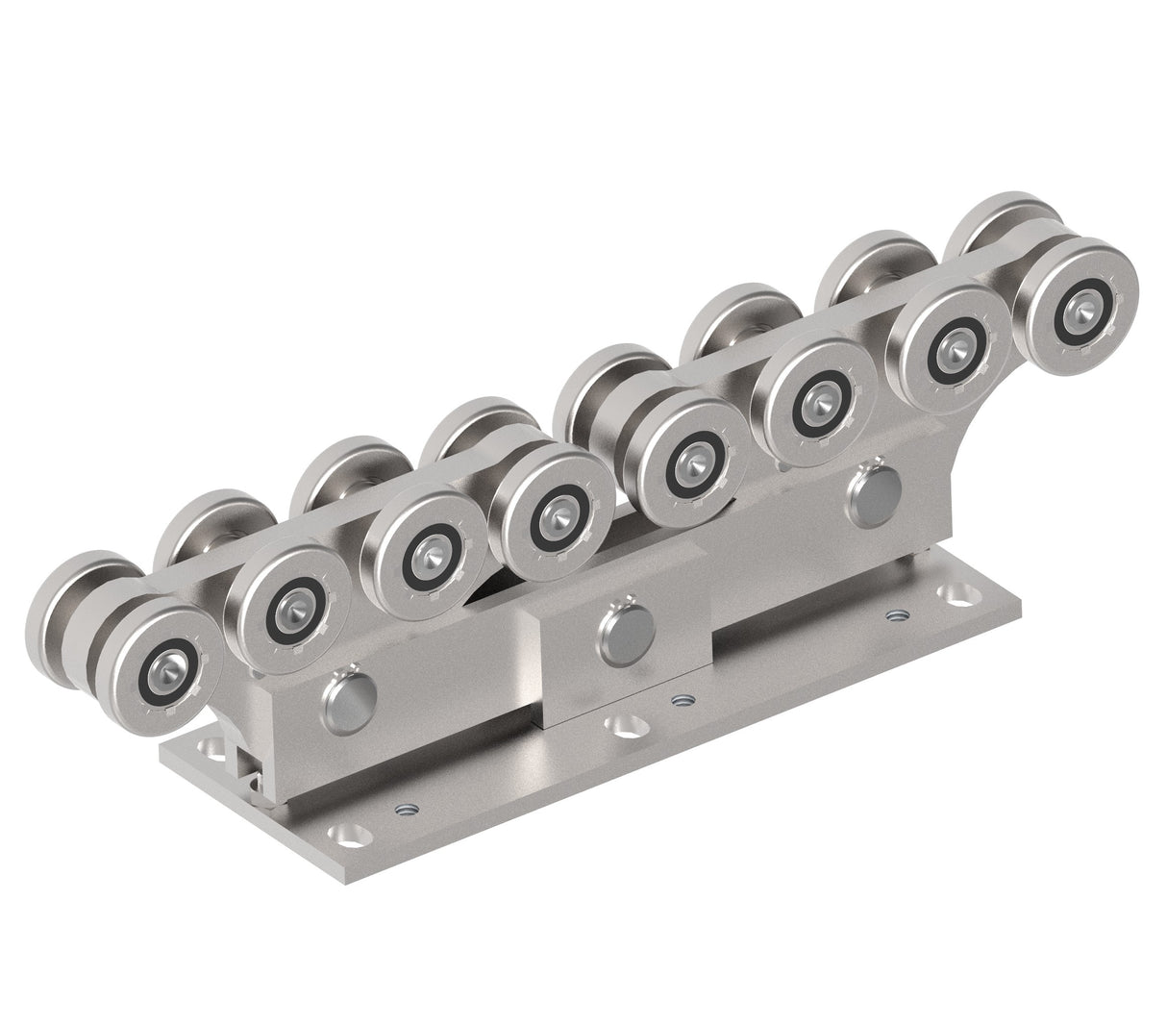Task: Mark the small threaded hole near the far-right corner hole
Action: click(897, 614)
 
